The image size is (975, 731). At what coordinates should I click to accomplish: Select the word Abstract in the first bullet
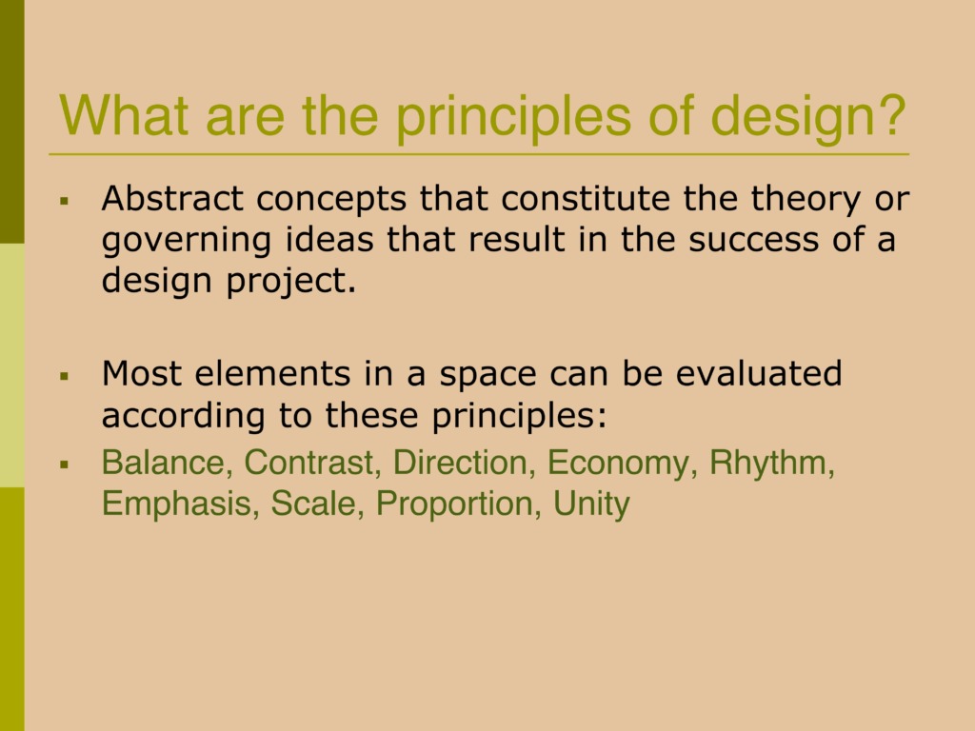[172, 198]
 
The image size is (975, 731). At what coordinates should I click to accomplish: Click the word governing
[187, 241]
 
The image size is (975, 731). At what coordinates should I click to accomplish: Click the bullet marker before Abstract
[64, 201]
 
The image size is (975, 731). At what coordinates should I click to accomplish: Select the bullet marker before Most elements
[64, 376]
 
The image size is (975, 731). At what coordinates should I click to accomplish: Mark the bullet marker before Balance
[64, 464]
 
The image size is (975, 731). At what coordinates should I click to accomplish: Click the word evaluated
[759, 373]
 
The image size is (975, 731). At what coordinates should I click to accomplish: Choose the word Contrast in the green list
[308, 463]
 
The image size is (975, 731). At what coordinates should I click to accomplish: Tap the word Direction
[460, 463]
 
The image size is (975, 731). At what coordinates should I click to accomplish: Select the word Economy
[619, 464]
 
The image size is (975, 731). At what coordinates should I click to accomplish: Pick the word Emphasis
[176, 504]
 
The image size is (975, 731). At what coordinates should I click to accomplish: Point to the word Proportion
[454, 504]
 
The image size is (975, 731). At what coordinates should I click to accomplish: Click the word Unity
[591, 504]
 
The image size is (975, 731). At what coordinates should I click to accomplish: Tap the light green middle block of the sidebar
[11, 365]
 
